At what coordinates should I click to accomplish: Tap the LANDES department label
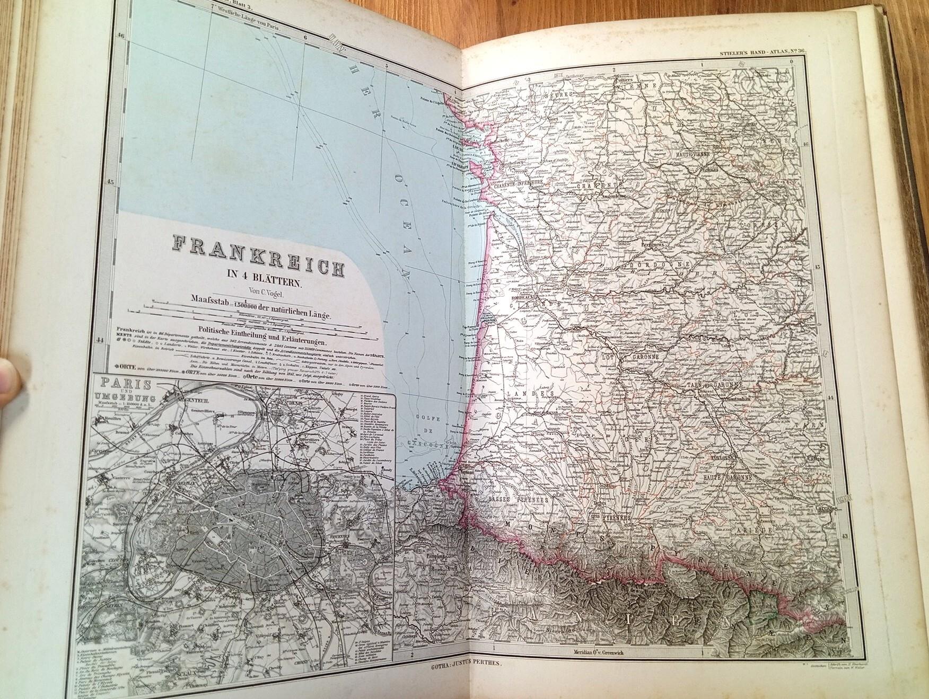click(534, 394)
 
